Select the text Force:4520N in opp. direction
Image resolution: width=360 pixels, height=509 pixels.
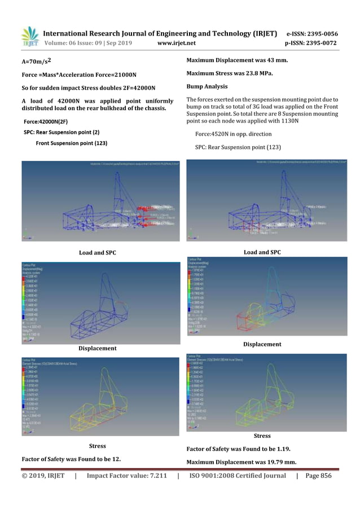pyautogui.click(x=233, y=134)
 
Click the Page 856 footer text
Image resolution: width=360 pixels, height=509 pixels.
pyautogui.click(x=318, y=476)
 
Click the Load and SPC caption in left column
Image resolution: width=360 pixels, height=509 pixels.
pyautogui.click(x=97, y=252)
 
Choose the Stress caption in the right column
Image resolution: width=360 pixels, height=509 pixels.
pyautogui.click(x=262, y=436)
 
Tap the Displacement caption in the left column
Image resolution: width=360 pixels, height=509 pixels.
pyautogui.click(x=97, y=348)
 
